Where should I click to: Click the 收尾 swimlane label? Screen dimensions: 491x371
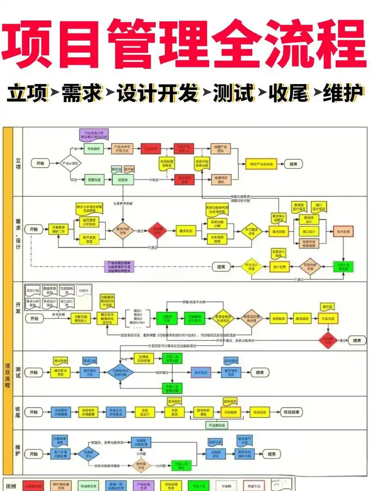tap(18, 412)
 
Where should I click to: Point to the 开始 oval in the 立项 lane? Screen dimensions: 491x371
tap(39, 163)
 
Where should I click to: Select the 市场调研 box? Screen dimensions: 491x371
tap(94, 149)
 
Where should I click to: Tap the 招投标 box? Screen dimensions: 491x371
tap(123, 179)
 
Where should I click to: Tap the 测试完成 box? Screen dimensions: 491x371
tap(203, 372)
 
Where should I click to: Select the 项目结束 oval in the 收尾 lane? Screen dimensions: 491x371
tap(291, 412)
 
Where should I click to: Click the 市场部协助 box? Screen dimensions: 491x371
tap(217, 426)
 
